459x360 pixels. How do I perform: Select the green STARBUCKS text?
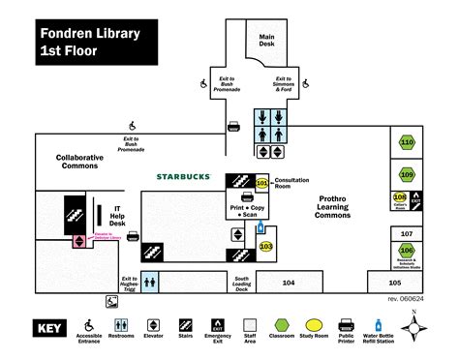point(184,176)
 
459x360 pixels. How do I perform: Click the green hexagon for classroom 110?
point(407,143)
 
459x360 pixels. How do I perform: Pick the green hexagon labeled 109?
point(407,175)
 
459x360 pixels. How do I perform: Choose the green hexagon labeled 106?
point(407,251)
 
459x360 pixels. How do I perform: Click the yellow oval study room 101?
point(261,183)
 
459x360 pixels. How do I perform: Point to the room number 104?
point(289,283)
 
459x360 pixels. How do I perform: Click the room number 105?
point(393,283)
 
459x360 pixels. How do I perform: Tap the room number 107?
point(407,234)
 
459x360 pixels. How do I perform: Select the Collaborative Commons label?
point(79,162)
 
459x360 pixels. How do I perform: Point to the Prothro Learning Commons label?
point(338,206)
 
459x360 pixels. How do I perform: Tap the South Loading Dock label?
point(242,284)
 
